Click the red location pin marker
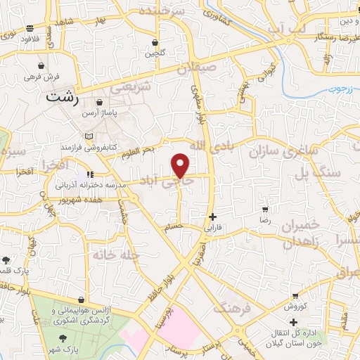pyautogui.click(x=181, y=165)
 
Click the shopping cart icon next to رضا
pyautogui.click(x=265, y=210)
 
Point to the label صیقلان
pyautogui.click(x=195, y=70)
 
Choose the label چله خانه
pyautogui.click(x=110, y=255)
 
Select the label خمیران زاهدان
pyautogui.click(x=298, y=233)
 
